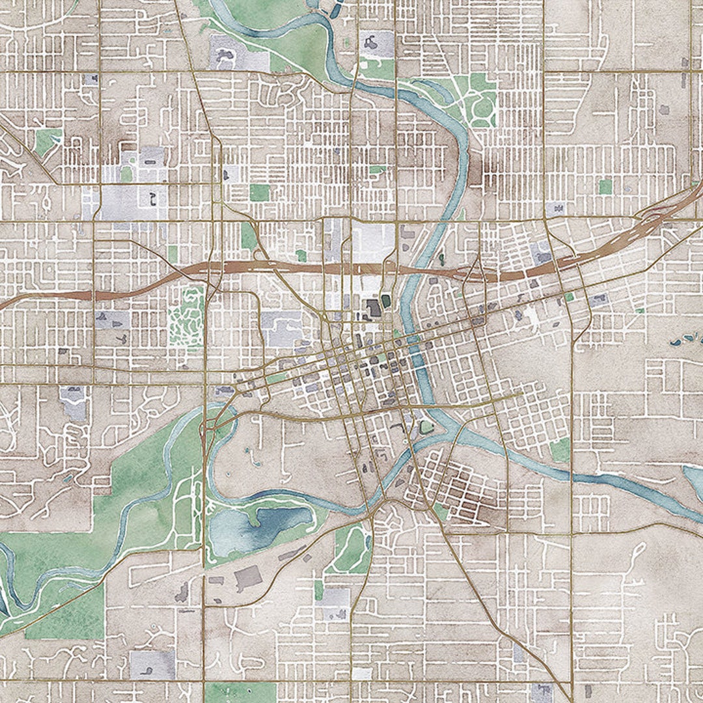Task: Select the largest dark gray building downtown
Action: click(x=374, y=308)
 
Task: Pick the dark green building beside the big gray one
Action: click(x=386, y=301)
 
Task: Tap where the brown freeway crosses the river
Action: click(x=417, y=268)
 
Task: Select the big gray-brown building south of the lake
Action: click(x=247, y=577)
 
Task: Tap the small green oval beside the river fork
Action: click(x=426, y=427)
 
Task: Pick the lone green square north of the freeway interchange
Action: click(x=605, y=187)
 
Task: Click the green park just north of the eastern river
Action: click(x=560, y=449)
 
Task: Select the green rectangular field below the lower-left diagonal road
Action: click(x=65, y=612)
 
